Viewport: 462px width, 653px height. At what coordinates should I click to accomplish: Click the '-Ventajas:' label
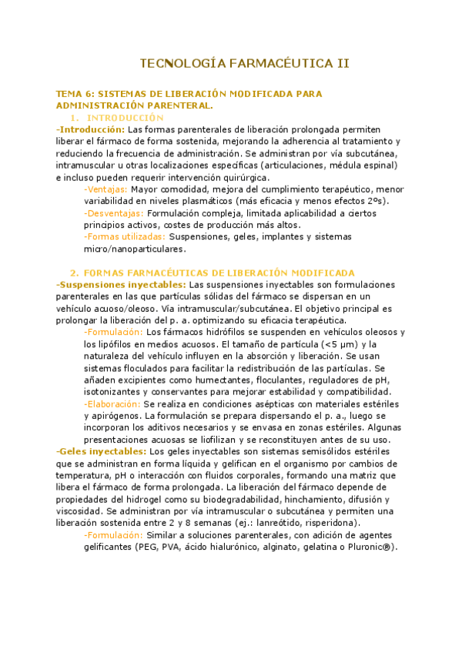pyautogui.click(x=106, y=189)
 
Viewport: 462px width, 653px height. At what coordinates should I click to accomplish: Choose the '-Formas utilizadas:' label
pyautogui.click(x=124, y=236)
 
